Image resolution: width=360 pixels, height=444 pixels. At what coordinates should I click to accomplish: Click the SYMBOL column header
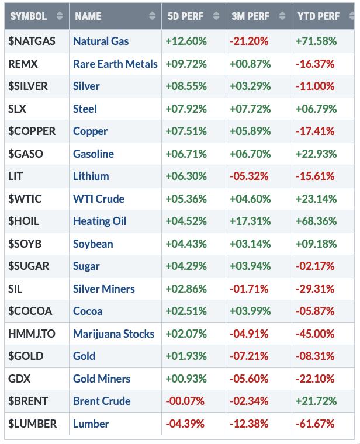point(27,16)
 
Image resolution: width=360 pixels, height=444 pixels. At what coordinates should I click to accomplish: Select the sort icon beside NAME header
point(153,16)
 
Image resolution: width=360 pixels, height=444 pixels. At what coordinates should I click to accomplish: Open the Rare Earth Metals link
point(115,64)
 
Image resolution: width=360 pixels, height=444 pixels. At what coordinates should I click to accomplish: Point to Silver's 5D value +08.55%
point(185,86)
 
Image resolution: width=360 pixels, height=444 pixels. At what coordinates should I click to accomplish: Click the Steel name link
point(85,109)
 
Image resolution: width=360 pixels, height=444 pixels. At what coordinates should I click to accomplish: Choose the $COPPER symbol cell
point(32,131)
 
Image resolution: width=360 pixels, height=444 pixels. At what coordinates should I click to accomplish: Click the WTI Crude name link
point(98,199)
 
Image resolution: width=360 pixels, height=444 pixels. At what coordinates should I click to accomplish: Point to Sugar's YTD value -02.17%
point(316,266)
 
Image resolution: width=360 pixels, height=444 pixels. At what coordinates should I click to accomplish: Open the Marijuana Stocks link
point(113,334)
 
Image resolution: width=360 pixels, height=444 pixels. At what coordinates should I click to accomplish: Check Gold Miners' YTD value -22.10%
point(316,379)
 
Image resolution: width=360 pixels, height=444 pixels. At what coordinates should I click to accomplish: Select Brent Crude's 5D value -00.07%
point(185,401)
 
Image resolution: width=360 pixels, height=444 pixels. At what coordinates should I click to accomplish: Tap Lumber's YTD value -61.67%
point(316,424)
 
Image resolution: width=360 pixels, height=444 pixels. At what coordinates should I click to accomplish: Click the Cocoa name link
point(87,311)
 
